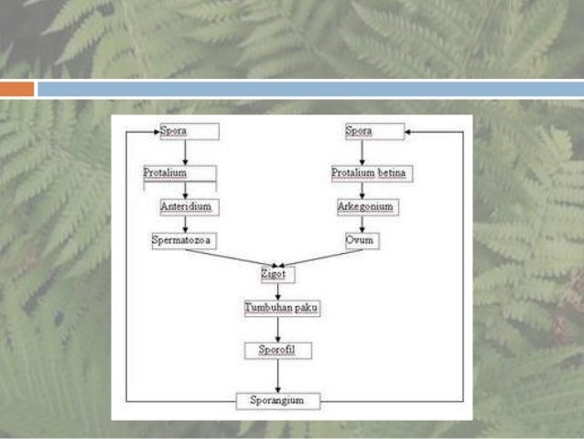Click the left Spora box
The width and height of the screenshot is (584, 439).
189,131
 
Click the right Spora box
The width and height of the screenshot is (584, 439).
373,131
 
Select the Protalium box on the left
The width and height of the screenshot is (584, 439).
179,173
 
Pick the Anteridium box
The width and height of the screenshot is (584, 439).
187,207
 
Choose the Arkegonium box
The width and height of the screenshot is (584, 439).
365,207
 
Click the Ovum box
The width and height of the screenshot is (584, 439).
361,241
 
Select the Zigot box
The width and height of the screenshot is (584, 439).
276,275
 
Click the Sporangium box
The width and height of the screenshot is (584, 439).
277,401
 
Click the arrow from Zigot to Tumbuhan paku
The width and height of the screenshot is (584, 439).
277,291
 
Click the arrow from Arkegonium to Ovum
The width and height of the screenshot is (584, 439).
362,224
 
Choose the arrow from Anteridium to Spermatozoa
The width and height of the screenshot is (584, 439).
186,224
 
